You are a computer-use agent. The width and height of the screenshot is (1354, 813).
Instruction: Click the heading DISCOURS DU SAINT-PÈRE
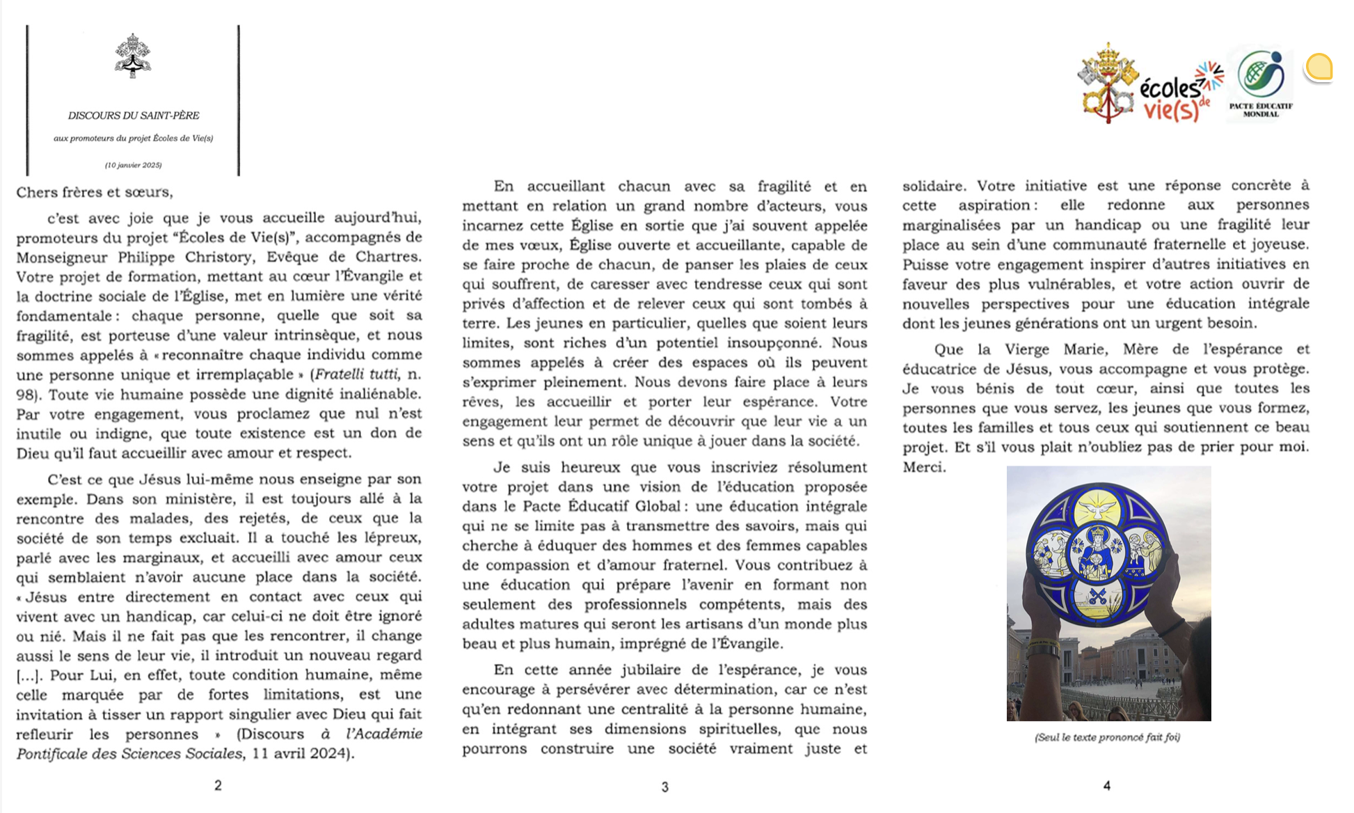point(134,116)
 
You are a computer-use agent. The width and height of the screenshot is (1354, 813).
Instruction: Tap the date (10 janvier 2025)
point(134,165)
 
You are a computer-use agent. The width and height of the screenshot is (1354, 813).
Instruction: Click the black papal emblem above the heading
point(133,55)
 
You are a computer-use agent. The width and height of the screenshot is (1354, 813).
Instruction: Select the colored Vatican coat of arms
point(1107,83)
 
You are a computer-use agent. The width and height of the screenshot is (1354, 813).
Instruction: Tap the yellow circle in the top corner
point(1319,68)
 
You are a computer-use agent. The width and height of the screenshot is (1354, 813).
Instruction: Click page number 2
point(218,785)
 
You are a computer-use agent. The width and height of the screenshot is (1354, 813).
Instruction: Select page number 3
point(664,787)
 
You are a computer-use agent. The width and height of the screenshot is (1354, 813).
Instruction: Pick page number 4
point(1106,785)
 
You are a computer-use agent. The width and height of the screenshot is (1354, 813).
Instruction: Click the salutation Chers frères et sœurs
point(95,192)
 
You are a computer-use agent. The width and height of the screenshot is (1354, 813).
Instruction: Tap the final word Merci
point(924,467)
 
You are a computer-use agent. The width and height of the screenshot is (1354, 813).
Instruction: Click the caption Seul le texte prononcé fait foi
point(1107,737)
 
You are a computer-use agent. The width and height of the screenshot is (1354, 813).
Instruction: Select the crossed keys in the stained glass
point(1099,597)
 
